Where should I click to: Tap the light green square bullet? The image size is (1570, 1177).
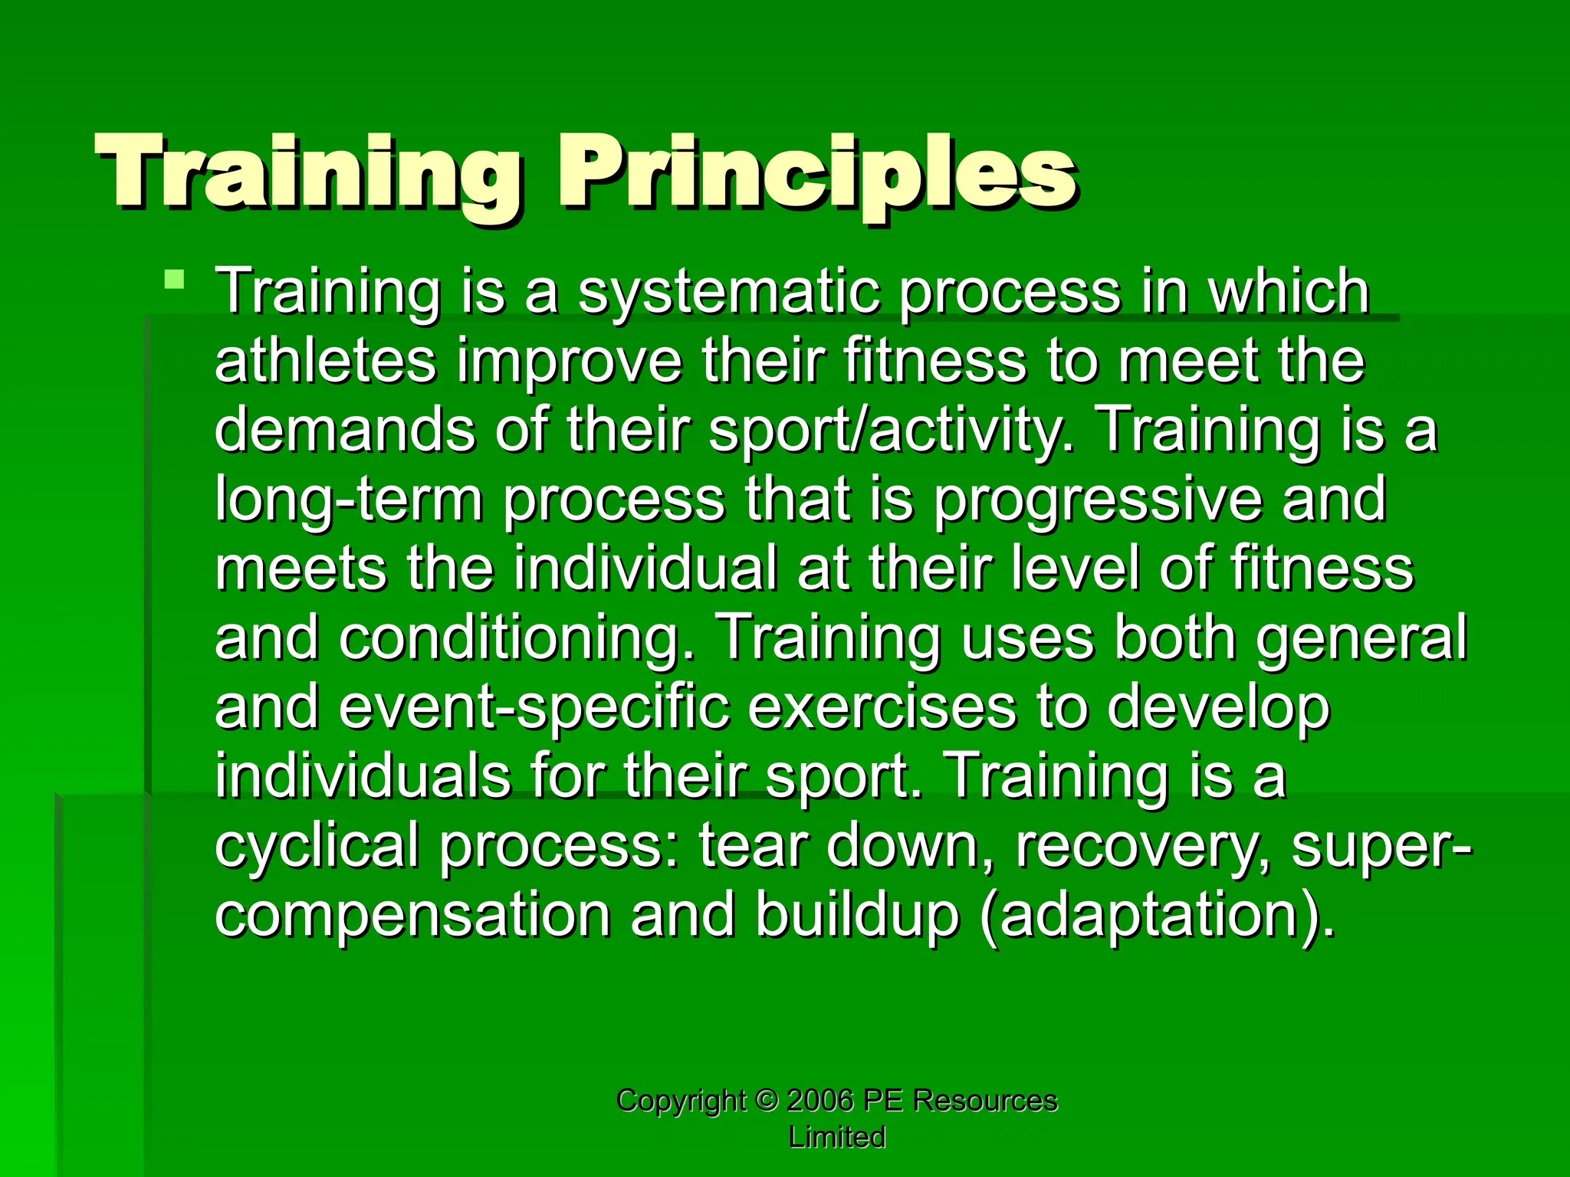[x=175, y=278]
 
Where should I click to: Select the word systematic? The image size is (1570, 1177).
[x=728, y=293]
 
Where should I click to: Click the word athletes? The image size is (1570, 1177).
[x=326, y=362]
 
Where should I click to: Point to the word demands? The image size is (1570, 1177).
[x=344, y=430]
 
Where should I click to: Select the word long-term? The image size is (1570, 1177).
[x=349, y=500]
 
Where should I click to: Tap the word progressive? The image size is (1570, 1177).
[x=1097, y=500]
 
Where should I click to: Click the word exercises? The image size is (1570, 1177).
[x=882, y=707]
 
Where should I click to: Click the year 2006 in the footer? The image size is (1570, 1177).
[x=820, y=1100]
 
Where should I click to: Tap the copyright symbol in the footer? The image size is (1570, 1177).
[x=766, y=1100]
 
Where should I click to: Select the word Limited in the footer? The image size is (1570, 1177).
[x=837, y=1137]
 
